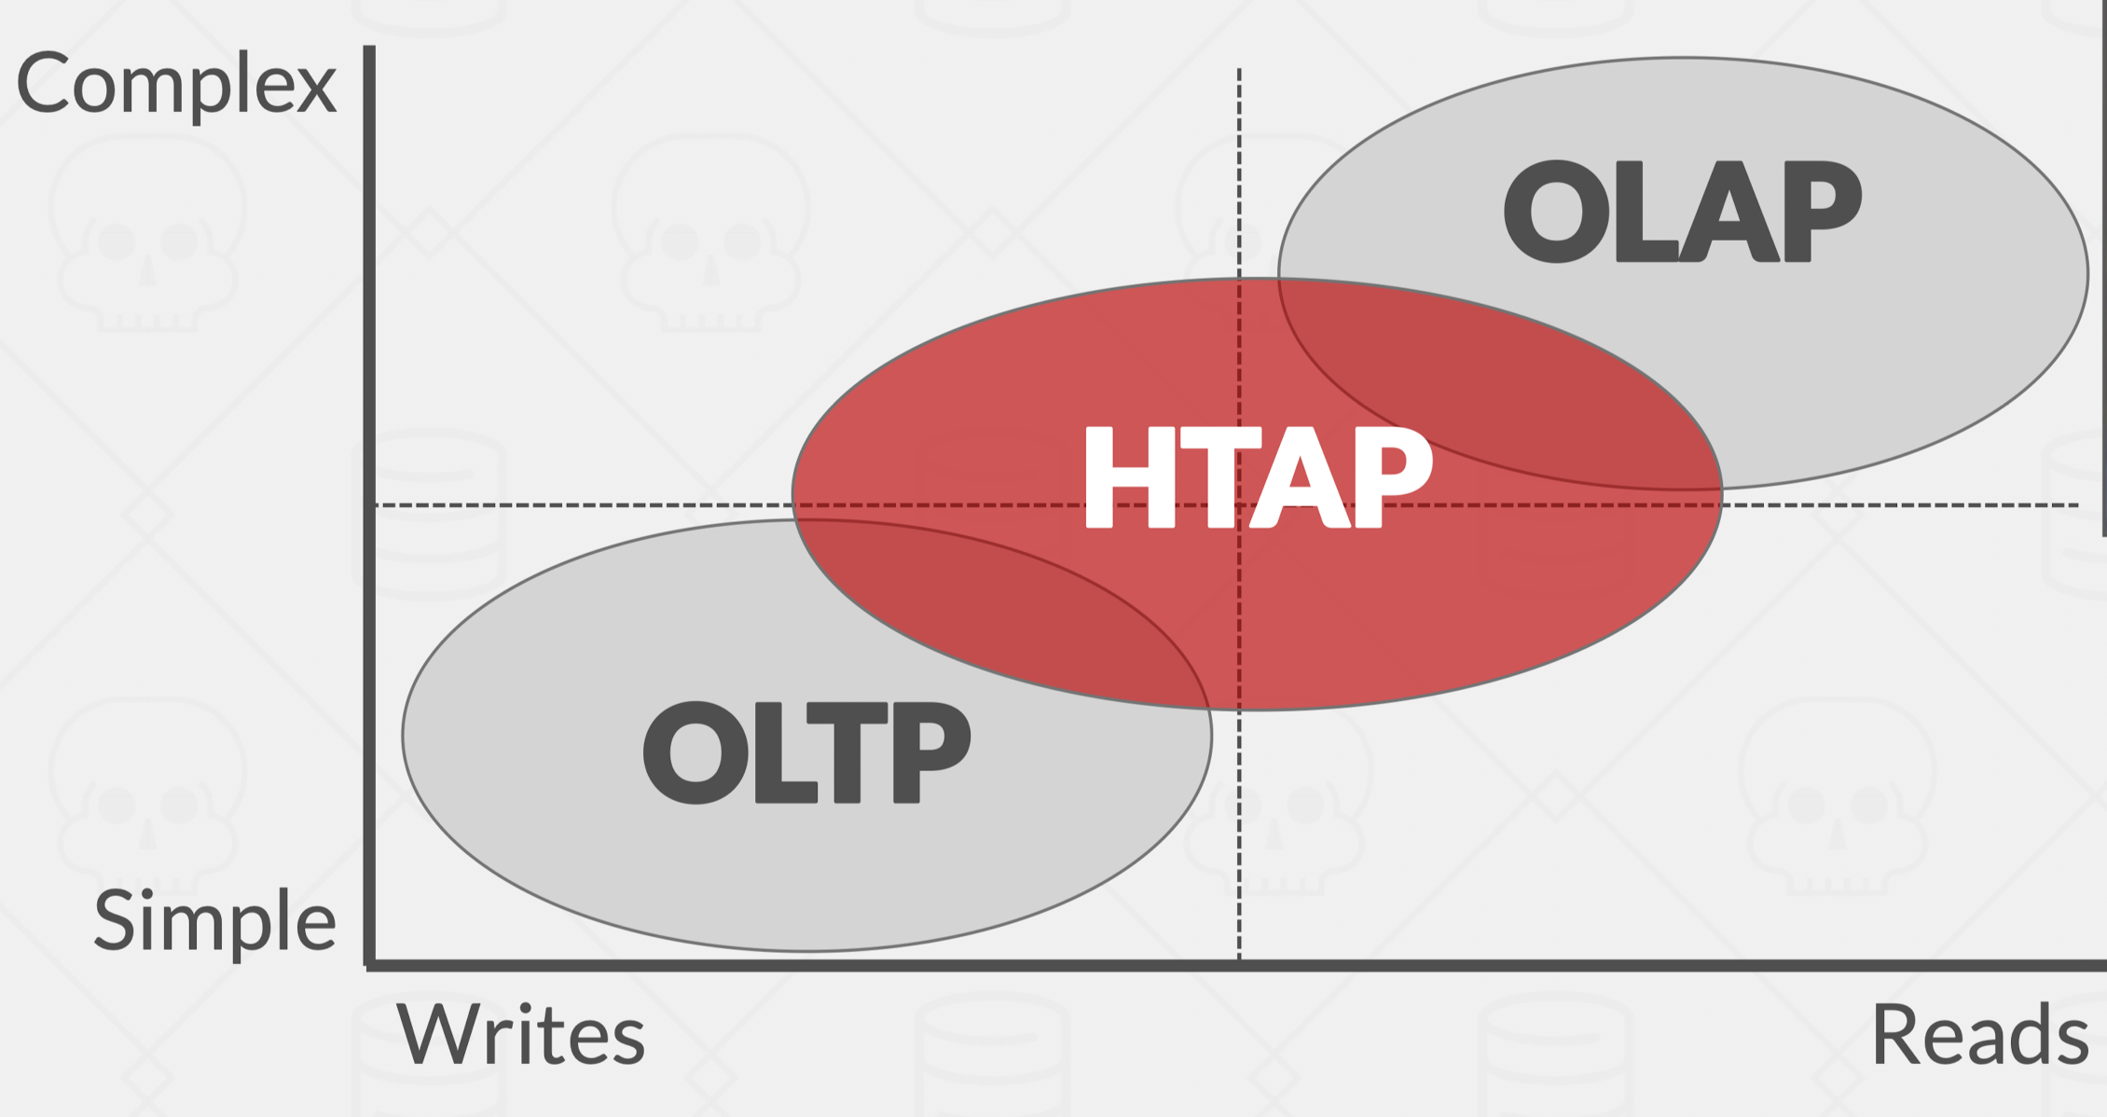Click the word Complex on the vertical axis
176,84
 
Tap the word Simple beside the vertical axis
214,921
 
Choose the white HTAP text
1257,477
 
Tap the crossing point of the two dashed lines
1239,505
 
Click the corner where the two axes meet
370,965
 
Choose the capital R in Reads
1896,1034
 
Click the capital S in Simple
115,921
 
